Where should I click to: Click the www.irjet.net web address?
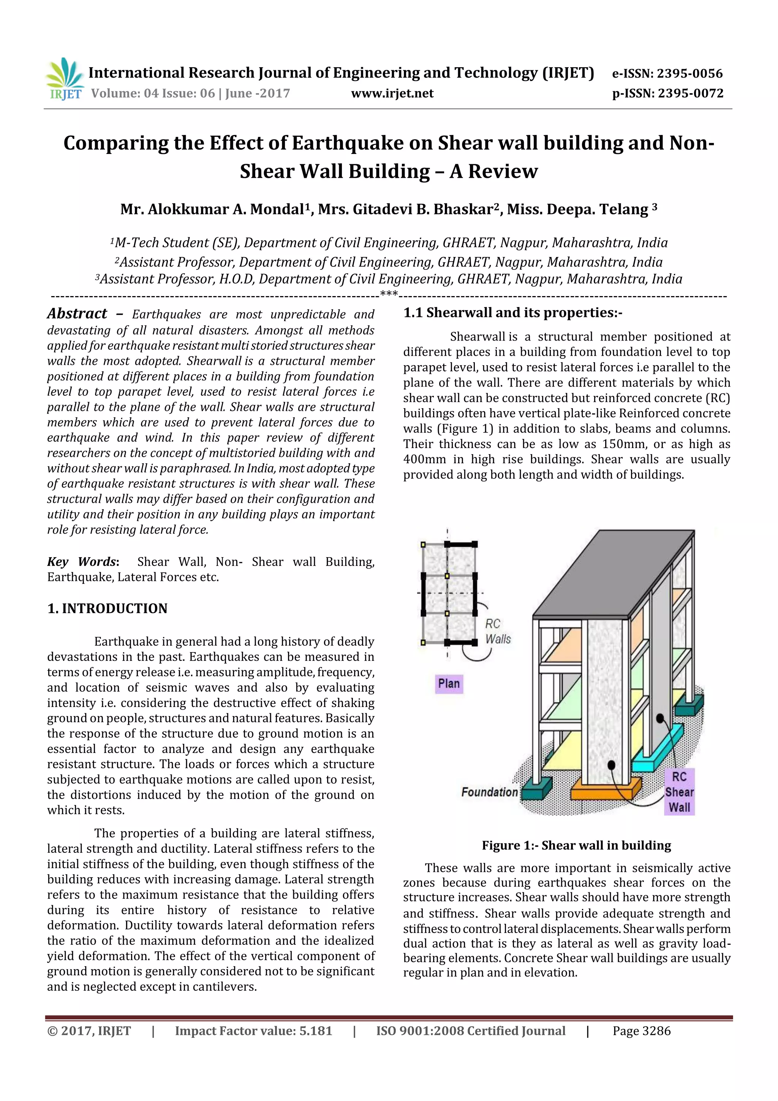tap(392, 93)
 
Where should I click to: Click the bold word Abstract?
tap(77, 314)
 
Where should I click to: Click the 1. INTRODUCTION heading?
tap(108, 608)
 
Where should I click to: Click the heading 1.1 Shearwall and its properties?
tap(512, 313)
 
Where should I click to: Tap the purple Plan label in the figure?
tap(449, 683)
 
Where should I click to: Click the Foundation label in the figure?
tap(489, 792)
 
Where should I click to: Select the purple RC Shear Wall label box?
tap(679, 792)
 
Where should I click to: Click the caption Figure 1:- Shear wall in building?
tap(576, 845)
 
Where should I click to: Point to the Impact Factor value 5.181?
tap(315, 1031)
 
